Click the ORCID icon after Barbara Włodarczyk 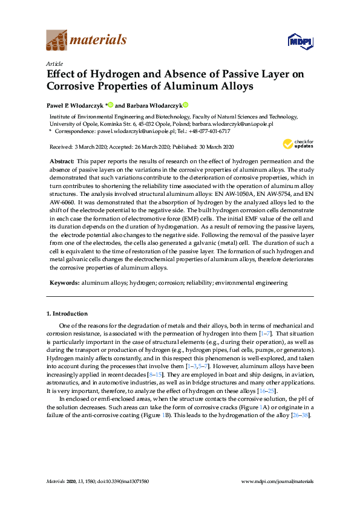[x=186, y=104]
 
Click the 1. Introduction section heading [x=67, y=314]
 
